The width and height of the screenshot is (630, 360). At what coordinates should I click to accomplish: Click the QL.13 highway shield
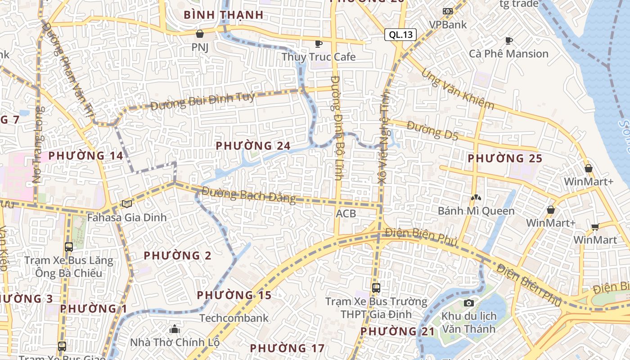400,35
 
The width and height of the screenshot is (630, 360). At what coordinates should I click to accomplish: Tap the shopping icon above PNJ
200,34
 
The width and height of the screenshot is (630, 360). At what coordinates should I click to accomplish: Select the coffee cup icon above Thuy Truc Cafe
319,44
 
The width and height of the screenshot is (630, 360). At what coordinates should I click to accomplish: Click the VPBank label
448,24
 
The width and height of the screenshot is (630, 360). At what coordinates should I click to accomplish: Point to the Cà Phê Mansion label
509,54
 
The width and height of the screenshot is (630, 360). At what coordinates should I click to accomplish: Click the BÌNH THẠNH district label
224,15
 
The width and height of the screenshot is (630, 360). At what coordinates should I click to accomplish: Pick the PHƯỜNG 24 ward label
253,146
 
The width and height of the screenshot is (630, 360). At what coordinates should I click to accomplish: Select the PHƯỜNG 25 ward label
505,158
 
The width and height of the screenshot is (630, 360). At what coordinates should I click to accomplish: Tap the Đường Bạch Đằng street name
248,195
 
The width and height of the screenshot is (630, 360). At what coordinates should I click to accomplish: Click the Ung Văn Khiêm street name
457,90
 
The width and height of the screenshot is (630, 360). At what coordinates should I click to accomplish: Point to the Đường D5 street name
432,130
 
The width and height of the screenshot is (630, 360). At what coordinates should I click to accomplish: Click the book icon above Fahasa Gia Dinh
127,204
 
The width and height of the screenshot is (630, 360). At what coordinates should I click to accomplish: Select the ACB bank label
346,213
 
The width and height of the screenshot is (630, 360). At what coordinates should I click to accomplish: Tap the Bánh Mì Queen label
476,211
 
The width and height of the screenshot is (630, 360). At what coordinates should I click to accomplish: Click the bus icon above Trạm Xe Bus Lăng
69,247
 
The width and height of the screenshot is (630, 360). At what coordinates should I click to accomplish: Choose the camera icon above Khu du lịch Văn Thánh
469,303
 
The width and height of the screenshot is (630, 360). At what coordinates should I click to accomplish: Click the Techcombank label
234,318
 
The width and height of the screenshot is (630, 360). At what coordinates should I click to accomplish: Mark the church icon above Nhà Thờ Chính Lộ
175,329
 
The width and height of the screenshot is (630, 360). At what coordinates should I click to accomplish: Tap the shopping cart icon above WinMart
595,227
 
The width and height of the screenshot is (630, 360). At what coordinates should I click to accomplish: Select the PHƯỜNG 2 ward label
177,256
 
